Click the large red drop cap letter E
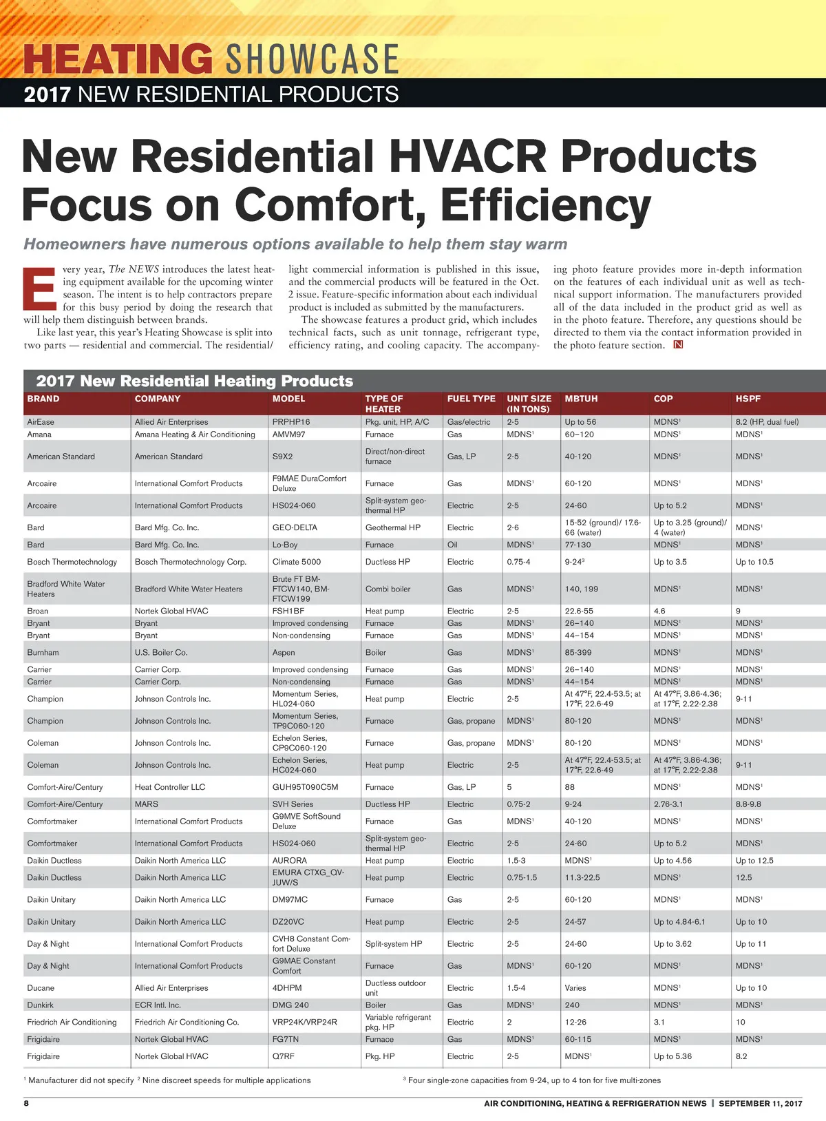click(x=40, y=289)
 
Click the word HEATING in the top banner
click(x=118, y=59)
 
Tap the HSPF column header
click(x=748, y=399)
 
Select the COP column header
click(x=663, y=399)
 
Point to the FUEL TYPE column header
click(x=471, y=399)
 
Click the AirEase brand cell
click(x=41, y=422)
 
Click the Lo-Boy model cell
click(x=285, y=545)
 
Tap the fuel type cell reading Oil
click(x=452, y=545)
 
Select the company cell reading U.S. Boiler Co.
click(x=161, y=653)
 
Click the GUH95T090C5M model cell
click(x=305, y=787)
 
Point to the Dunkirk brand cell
click(x=40, y=1005)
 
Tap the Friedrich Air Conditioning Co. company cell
click(x=187, y=1023)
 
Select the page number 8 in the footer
click(x=27, y=1103)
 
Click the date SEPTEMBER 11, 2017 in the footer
click(x=761, y=1103)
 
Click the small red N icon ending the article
click(x=678, y=345)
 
